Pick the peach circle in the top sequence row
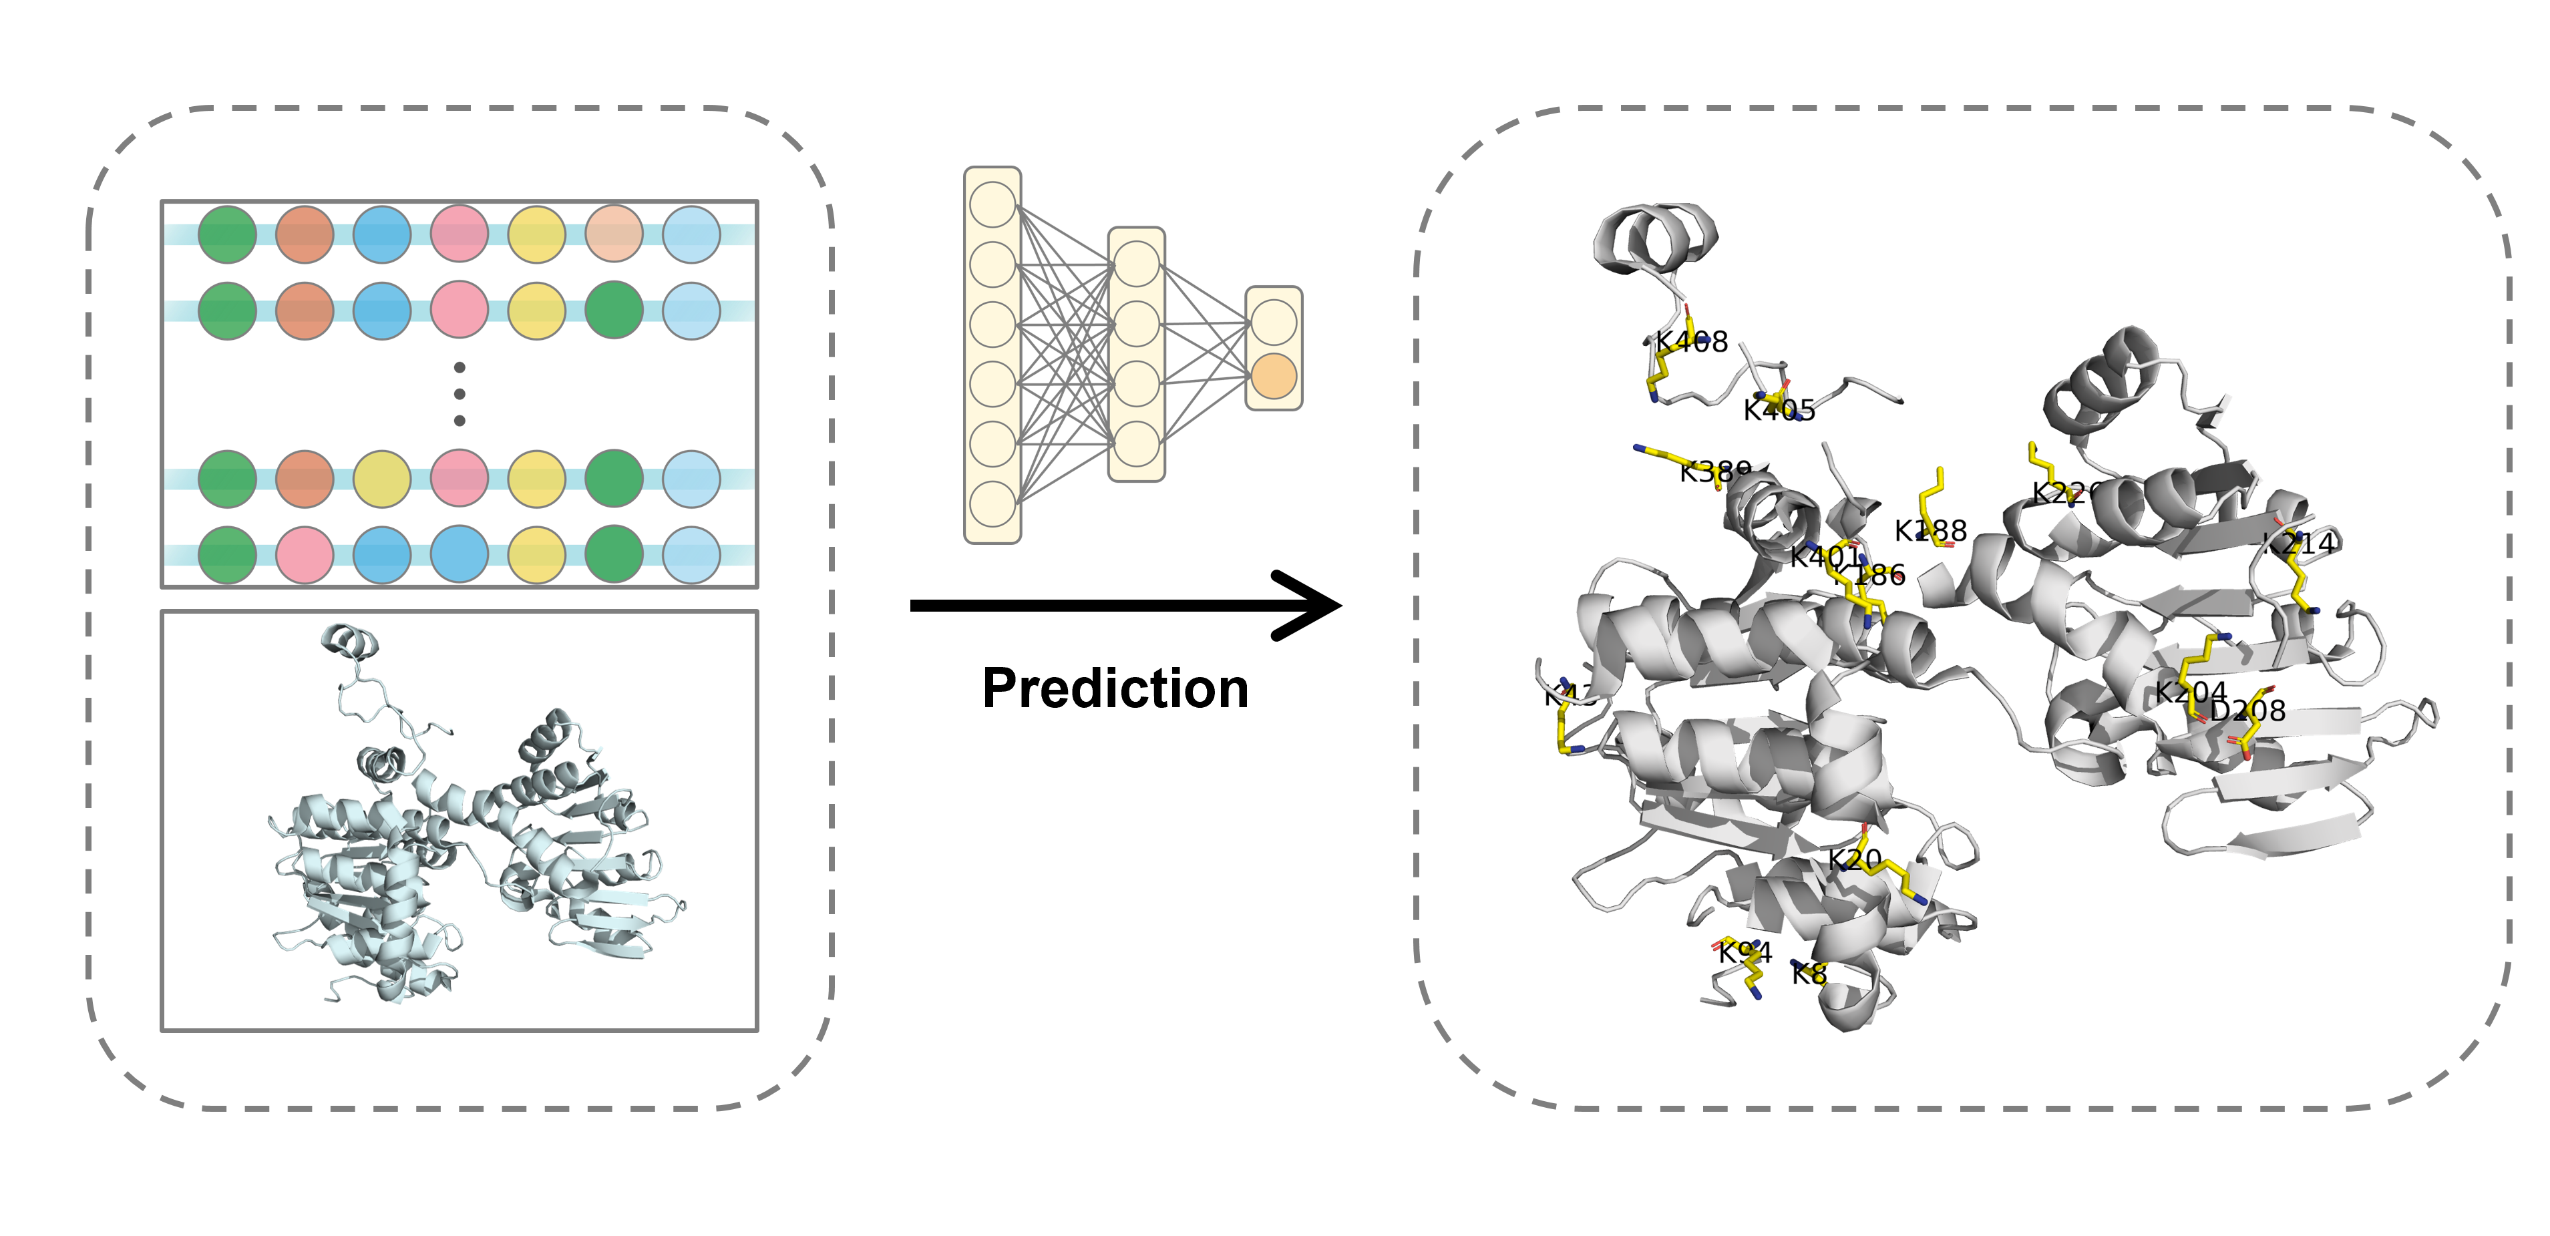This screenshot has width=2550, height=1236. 614,234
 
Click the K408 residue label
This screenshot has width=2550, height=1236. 1691,343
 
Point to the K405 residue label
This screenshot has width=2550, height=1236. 1779,411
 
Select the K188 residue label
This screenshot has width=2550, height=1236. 1930,532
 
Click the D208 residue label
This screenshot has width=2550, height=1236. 2248,710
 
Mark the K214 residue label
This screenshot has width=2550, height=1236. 2300,544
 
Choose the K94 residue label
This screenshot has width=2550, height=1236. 1745,953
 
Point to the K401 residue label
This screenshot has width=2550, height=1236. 1825,557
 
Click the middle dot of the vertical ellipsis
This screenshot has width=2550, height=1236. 460,394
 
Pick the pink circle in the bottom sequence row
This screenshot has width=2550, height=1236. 305,555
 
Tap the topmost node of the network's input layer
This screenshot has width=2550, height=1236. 992,205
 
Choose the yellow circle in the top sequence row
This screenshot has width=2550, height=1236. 536,234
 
